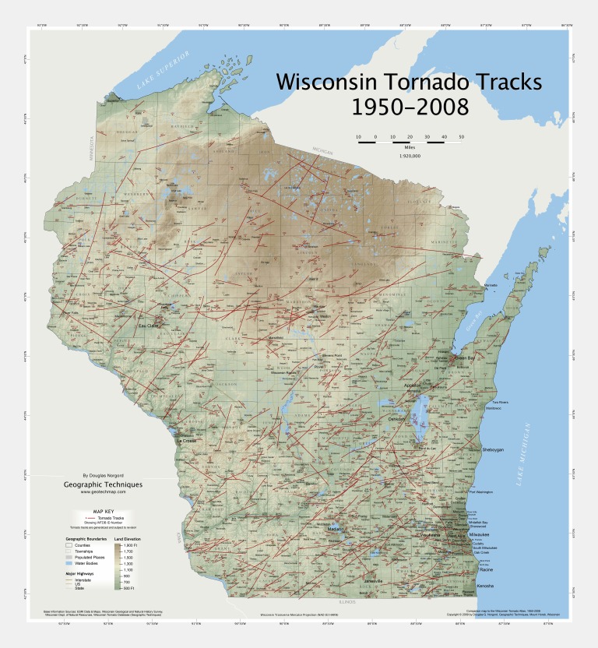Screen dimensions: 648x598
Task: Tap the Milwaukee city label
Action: click(x=479, y=535)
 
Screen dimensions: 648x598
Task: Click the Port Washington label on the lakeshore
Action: click(x=482, y=492)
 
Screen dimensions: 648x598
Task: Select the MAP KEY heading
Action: click(x=104, y=511)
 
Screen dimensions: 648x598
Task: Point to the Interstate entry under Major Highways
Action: click(x=79, y=579)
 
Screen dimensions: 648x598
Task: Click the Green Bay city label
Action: click(x=464, y=357)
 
